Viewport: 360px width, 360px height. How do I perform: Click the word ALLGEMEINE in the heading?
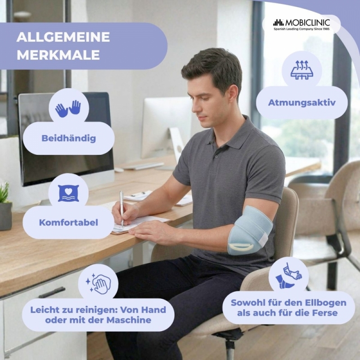(x=63, y=37)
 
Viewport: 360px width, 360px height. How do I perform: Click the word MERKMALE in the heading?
(x=58, y=55)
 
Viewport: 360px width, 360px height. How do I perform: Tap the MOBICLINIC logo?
(x=301, y=25)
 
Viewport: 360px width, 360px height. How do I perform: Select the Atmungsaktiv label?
(x=301, y=103)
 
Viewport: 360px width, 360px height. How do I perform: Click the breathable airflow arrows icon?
(x=301, y=70)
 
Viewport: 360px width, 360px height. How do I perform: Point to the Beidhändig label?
(x=69, y=138)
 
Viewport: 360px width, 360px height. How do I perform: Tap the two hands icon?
(x=68, y=108)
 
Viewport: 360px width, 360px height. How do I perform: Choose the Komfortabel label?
(x=68, y=222)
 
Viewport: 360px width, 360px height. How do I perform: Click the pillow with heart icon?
(x=68, y=193)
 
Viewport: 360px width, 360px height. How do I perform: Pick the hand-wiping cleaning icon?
(x=98, y=283)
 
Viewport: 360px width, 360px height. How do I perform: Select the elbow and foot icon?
(x=289, y=276)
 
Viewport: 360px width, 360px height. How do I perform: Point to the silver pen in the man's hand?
(x=121, y=208)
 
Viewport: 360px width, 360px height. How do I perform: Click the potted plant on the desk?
(x=5, y=206)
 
